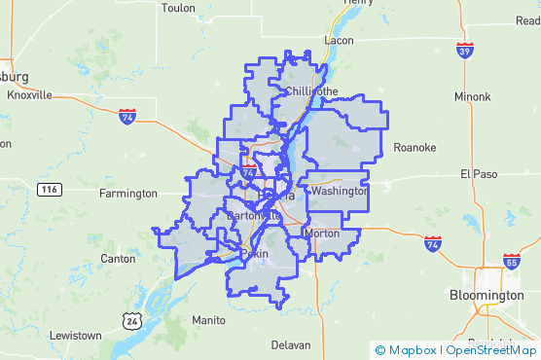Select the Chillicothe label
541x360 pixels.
click(x=312, y=91)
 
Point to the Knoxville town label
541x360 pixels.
click(x=29, y=94)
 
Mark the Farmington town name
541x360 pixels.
click(x=127, y=193)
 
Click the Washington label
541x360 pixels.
click(x=340, y=192)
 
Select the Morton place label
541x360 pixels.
click(x=322, y=234)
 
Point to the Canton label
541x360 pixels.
click(x=118, y=259)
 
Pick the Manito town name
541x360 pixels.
click(x=209, y=319)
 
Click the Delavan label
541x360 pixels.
click(x=290, y=344)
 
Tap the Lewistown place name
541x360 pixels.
click(x=75, y=335)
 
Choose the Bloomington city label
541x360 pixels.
click(x=487, y=295)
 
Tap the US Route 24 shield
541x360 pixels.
click(x=130, y=319)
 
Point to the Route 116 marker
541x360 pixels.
click(x=50, y=189)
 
